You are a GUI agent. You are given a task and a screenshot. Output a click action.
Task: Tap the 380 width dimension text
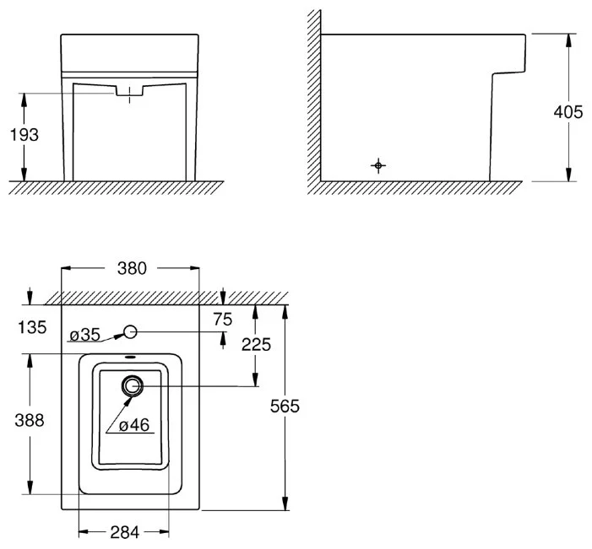[x=132, y=269]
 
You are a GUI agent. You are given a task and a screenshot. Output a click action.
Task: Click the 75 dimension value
[x=223, y=319]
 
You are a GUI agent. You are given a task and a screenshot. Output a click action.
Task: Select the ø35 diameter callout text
[x=84, y=335]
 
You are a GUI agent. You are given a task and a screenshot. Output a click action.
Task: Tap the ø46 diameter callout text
[x=133, y=426]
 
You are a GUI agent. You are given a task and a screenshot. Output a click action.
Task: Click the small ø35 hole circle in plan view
[x=131, y=331]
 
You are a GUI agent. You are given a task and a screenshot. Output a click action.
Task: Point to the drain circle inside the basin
[x=132, y=386]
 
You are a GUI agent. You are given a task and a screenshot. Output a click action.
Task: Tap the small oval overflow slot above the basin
[x=131, y=358]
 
